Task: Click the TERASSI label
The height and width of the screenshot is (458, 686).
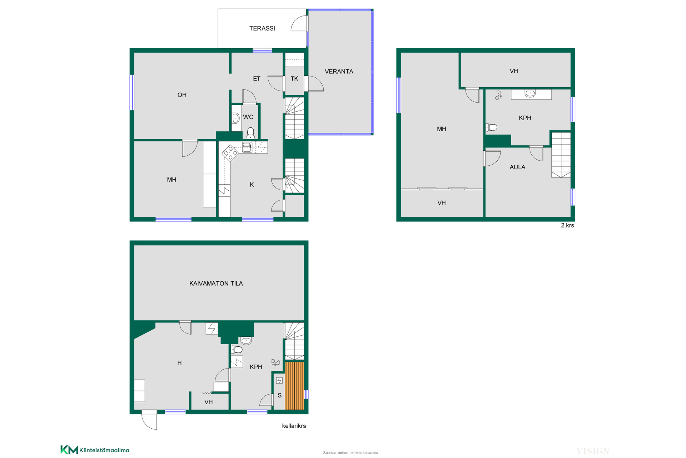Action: pyautogui.click(x=262, y=28)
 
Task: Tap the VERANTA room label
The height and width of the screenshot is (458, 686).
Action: pyautogui.click(x=339, y=72)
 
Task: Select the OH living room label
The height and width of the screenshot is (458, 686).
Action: pyautogui.click(x=182, y=95)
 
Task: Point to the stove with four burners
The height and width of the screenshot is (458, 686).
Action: pyautogui.click(x=230, y=153)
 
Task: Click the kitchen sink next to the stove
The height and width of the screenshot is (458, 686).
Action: pyautogui.click(x=247, y=147)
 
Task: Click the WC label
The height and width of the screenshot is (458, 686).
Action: pyautogui.click(x=248, y=117)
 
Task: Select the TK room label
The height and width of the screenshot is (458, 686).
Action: pyautogui.click(x=294, y=79)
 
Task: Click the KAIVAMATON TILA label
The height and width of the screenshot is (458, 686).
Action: pyautogui.click(x=216, y=283)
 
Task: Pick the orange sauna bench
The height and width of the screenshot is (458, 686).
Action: pyautogui.click(x=294, y=386)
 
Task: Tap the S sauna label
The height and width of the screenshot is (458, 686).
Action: pyautogui.click(x=279, y=395)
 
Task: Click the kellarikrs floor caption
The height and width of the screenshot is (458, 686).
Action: pyautogui.click(x=294, y=426)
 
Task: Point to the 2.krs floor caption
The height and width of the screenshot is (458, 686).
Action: pyautogui.click(x=567, y=225)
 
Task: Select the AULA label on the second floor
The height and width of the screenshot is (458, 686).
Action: pyautogui.click(x=517, y=167)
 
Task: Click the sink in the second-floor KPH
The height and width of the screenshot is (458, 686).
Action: pyautogui.click(x=530, y=93)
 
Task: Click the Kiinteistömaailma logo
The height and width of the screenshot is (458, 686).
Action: pyautogui.click(x=95, y=450)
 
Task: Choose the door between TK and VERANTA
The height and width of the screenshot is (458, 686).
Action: pyautogui.click(x=314, y=83)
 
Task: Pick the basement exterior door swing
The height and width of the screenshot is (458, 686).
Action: pyautogui.click(x=150, y=420)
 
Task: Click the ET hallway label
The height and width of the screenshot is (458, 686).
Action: pyautogui.click(x=257, y=79)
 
